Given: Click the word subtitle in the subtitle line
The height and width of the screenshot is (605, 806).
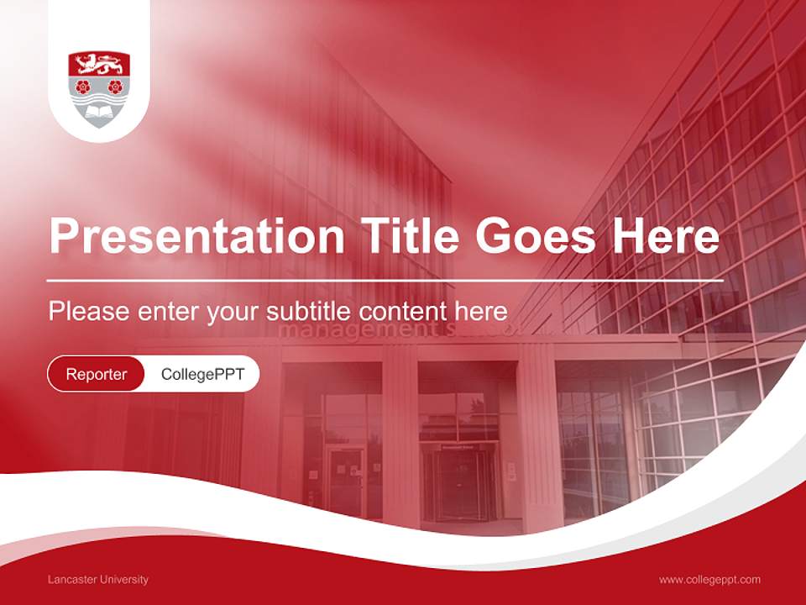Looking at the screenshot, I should pos(307,312).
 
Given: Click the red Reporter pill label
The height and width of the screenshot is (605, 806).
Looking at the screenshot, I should pos(97,374).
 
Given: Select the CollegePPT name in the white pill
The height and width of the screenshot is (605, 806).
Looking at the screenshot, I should pos(201,374).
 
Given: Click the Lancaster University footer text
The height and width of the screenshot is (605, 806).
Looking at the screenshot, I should pos(98,580).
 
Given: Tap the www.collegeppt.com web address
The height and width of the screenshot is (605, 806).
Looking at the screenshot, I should pos(709,580).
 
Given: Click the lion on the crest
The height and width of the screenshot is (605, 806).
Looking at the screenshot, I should pos(99,64).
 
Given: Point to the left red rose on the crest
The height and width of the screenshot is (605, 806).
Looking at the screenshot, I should pos(82,86).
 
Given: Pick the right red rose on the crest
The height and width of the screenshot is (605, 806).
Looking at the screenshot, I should pos(116,86).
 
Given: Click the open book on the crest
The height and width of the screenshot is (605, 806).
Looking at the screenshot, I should pos(99,110).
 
